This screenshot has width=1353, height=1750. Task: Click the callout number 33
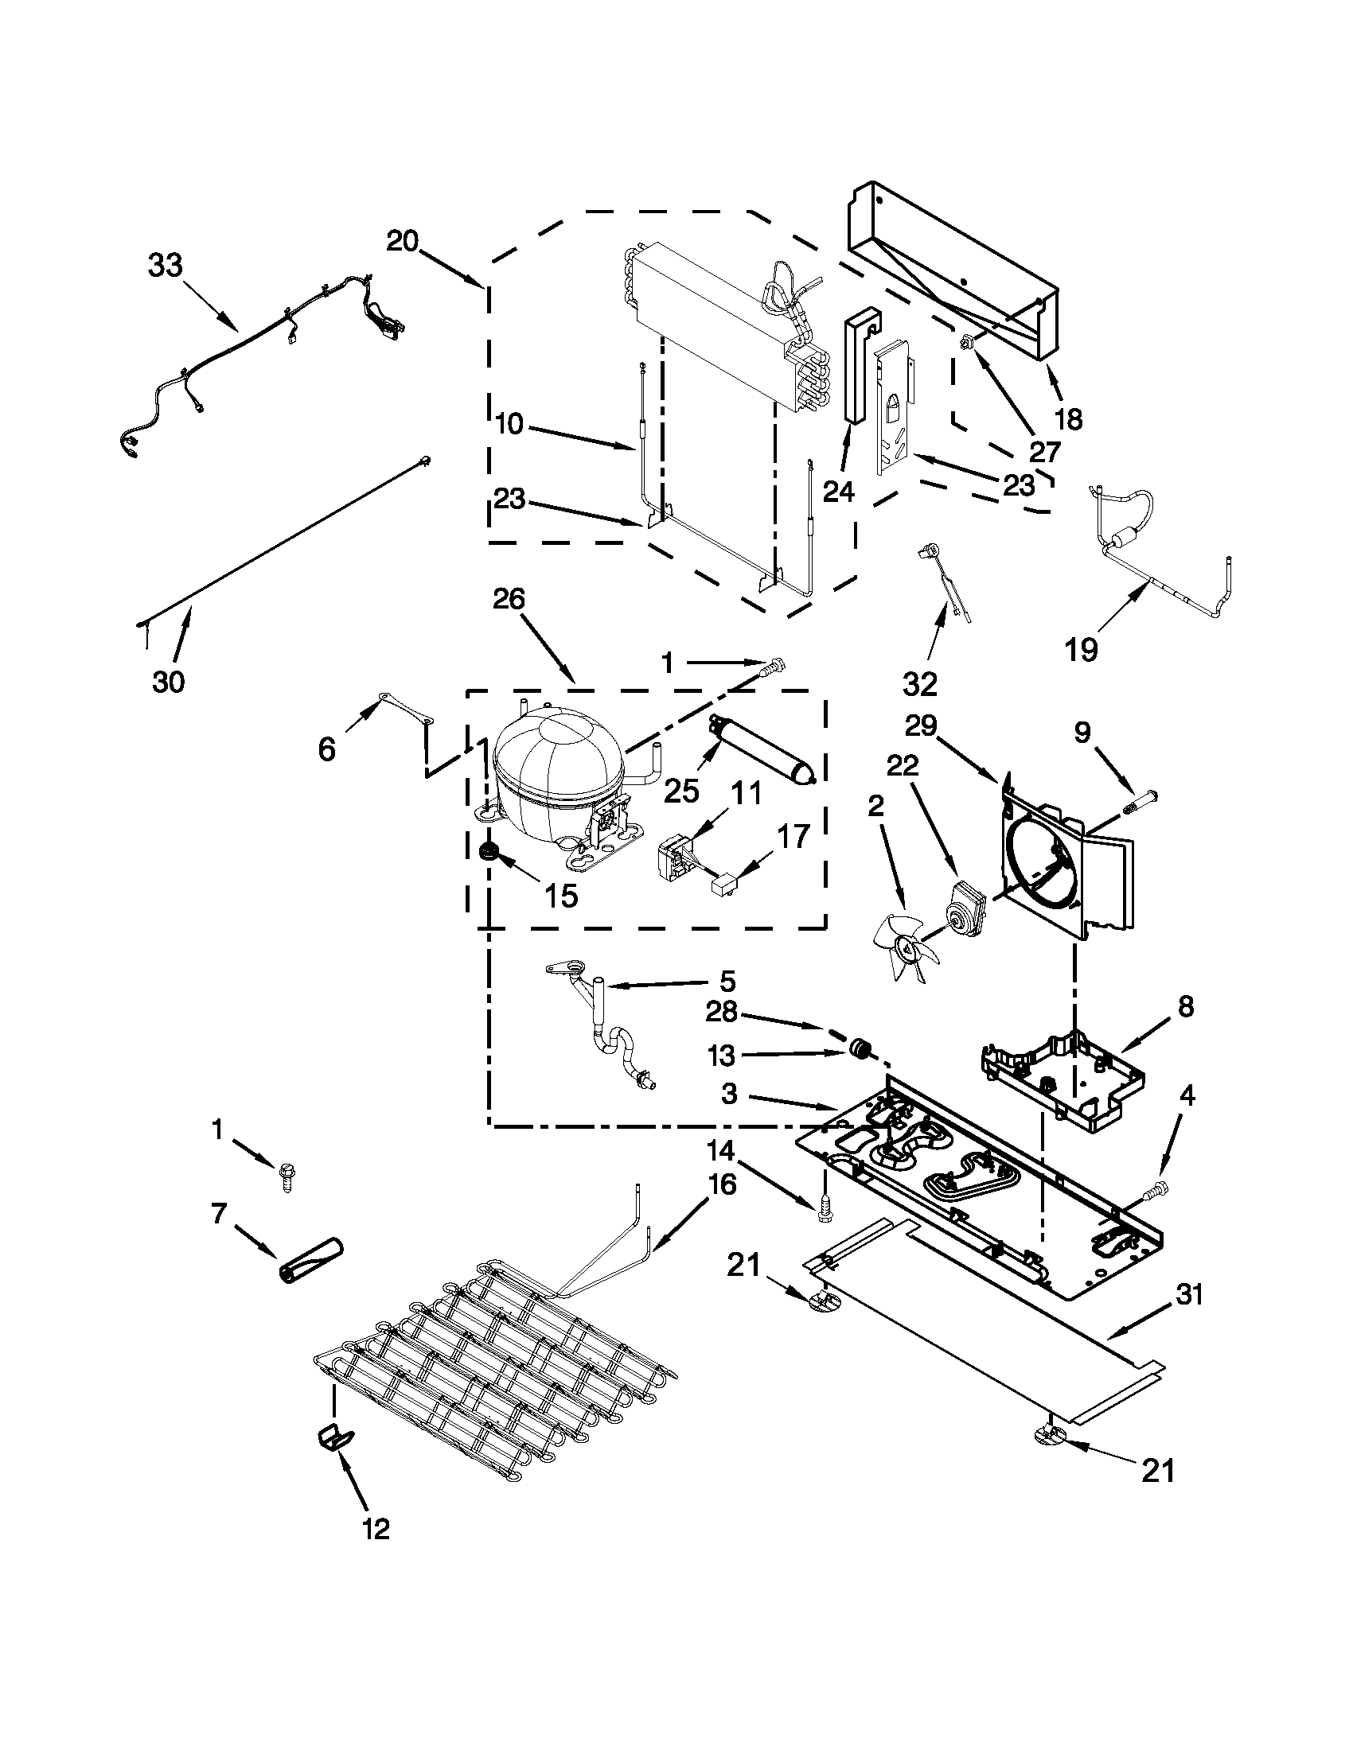pyautogui.click(x=165, y=265)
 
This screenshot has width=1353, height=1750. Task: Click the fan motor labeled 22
pyautogui.click(x=965, y=905)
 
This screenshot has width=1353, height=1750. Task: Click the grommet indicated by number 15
pyautogui.click(x=488, y=853)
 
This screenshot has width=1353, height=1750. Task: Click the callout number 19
pyautogui.click(x=1081, y=649)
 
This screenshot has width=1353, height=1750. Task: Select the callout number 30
pyautogui.click(x=168, y=682)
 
